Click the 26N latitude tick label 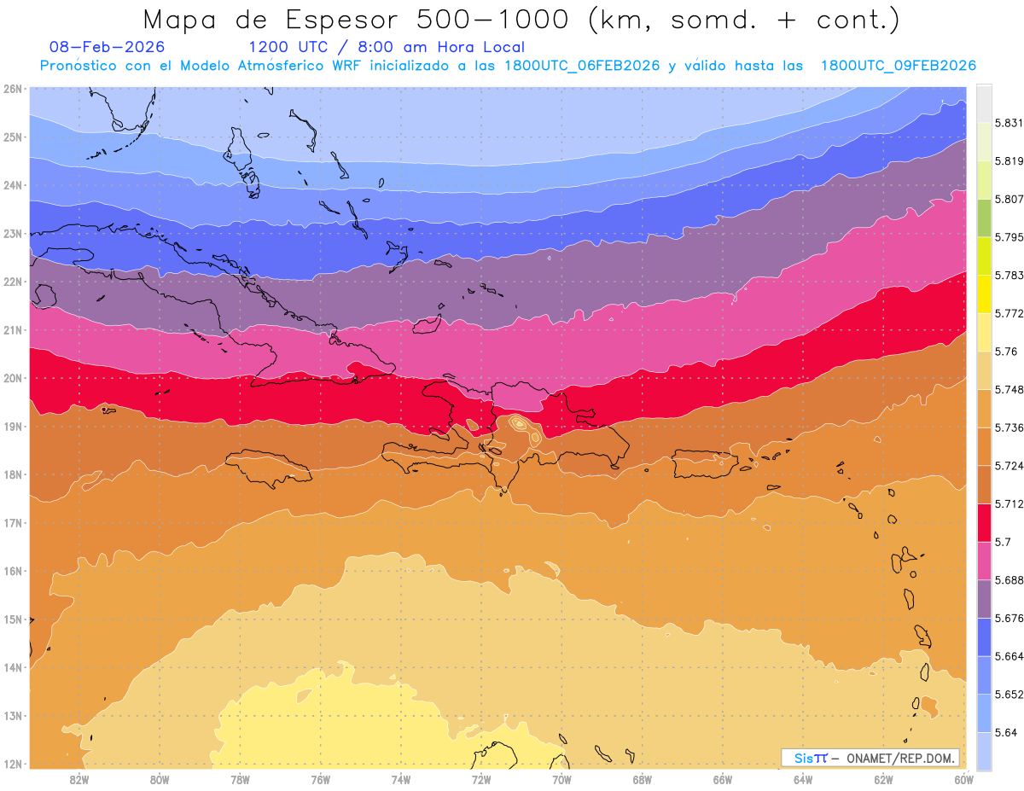(x=12, y=89)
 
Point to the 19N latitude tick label (x=12, y=426)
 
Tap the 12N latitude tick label (x=12, y=764)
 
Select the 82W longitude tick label (x=79, y=779)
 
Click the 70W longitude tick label (x=561, y=779)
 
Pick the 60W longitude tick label (x=964, y=779)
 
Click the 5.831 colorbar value (x=1009, y=123)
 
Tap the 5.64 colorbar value (x=1004, y=732)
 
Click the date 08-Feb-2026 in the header (x=107, y=47)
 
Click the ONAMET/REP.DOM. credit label (x=896, y=758)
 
